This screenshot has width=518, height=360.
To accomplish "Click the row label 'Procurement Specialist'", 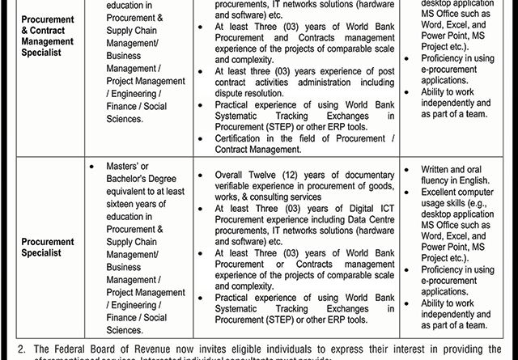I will coord(48,247).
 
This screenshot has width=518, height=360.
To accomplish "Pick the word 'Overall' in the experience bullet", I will coord(234,174).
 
